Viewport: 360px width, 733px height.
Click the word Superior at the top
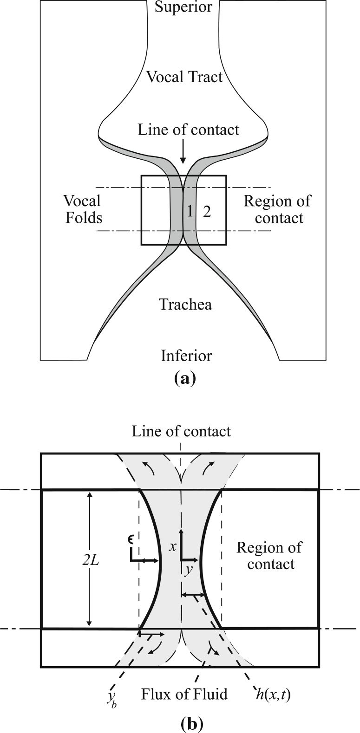click(183, 7)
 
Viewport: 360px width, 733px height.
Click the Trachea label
click(185, 305)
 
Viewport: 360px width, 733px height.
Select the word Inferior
click(186, 356)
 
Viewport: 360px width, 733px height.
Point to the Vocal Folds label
click(83, 209)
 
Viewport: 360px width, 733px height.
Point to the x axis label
click(173, 547)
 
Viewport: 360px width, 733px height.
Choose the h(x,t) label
click(273, 695)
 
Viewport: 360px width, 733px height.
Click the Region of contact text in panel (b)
click(269, 556)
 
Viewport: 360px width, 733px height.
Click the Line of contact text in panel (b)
click(181, 431)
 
